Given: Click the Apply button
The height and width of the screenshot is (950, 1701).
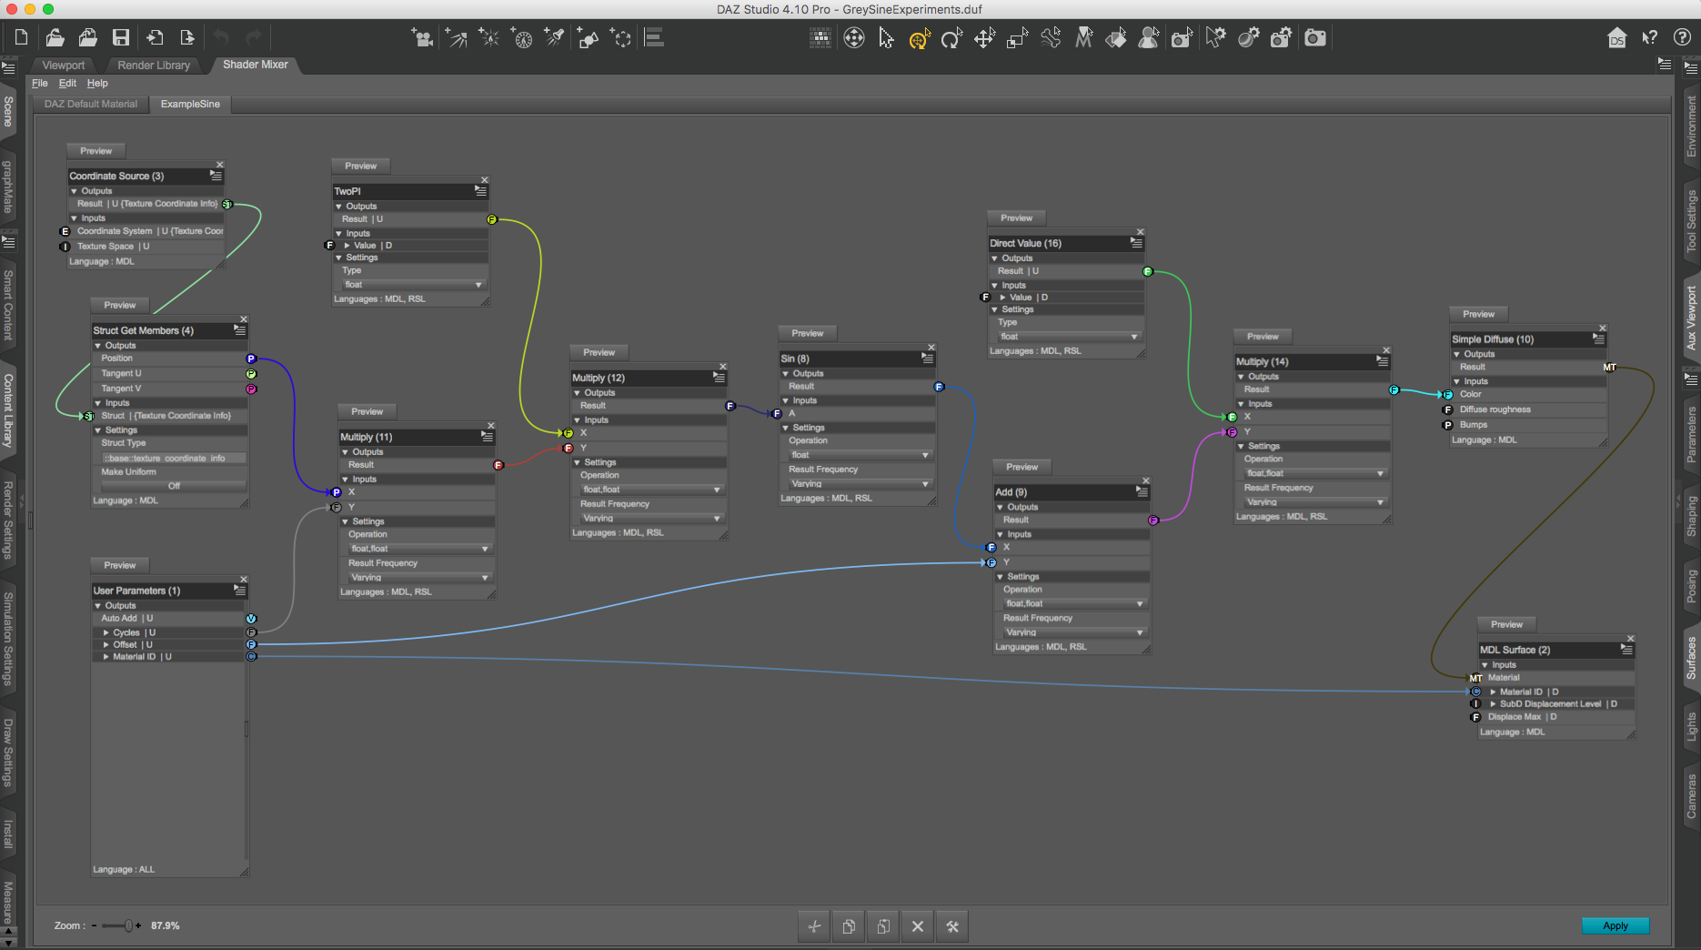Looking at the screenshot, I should (1615, 925).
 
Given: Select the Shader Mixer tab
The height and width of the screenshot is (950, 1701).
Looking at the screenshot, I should (255, 65).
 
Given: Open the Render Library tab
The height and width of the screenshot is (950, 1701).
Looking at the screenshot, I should (154, 66).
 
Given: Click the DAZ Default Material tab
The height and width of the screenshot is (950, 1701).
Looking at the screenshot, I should (91, 104).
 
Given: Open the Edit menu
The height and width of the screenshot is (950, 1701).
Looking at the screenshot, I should (67, 83).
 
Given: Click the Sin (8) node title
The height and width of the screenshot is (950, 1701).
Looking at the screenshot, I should (795, 359).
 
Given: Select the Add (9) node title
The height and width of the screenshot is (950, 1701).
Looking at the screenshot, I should (1011, 491).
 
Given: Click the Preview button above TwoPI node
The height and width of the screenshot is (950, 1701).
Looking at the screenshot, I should (360, 166).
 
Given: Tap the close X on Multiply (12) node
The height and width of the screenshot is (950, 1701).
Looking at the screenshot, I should (723, 367).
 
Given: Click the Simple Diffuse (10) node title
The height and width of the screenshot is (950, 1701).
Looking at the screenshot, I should (1493, 339).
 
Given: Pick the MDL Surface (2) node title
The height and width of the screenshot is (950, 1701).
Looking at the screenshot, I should (1515, 650).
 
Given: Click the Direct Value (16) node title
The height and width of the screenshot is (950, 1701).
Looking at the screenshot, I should (1025, 243).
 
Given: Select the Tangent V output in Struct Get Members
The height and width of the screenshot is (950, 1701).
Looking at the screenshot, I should (121, 389).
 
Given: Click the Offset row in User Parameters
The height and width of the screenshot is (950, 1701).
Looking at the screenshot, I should (126, 644).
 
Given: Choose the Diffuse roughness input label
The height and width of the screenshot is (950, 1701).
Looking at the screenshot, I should (1495, 409).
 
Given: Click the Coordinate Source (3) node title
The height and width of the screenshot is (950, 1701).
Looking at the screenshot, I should (116, 176).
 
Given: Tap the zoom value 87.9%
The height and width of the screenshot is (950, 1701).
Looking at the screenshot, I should (166, 925).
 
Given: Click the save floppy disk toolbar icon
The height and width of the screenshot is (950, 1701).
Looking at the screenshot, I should (121, 37).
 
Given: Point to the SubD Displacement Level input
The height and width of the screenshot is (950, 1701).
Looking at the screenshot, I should (1550, 703).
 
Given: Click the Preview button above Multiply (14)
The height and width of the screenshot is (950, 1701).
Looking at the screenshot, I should (1262, 336).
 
